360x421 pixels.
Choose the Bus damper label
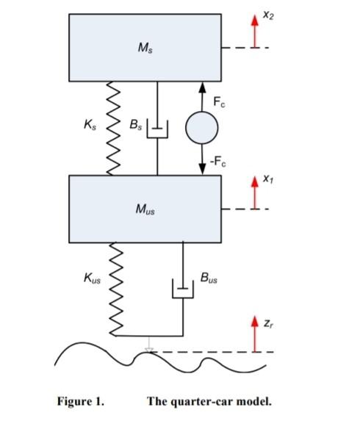click(209, 278)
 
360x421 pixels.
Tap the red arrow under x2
click(256, 32)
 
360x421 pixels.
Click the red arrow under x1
click(256, 195)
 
